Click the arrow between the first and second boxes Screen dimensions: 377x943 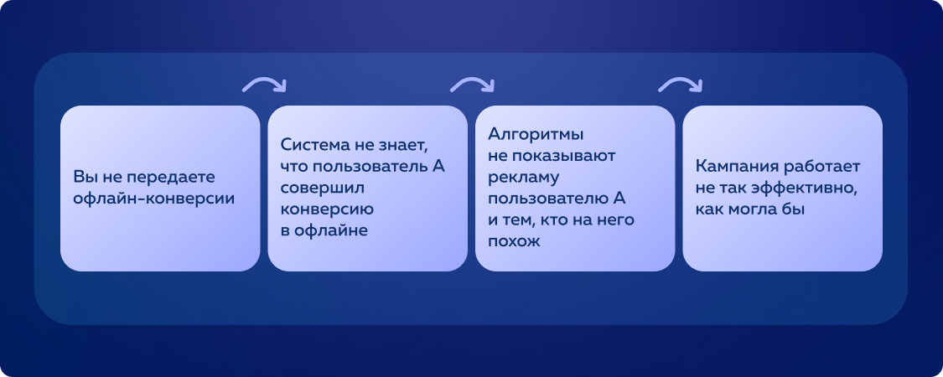pos(264,84)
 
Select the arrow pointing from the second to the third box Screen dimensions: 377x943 pos(472,84)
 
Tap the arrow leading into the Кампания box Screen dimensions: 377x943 pos(680,84)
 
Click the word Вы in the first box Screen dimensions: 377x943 pos(84,178)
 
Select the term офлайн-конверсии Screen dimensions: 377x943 pos(153,199)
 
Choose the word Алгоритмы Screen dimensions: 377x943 pos(536,133)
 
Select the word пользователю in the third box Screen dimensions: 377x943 pos(548,199)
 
